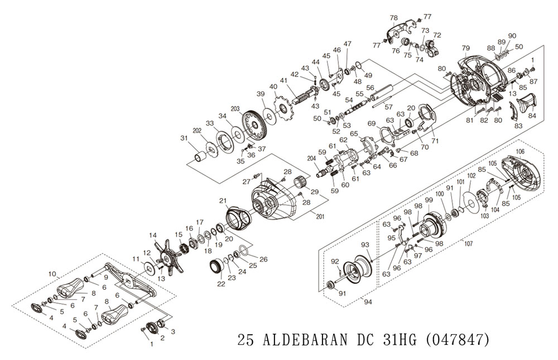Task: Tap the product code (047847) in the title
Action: [x=458, y=340]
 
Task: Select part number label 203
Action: [x=235, y=109]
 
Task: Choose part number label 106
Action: [x=520, y=152]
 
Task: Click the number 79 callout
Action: [x=466, y=48]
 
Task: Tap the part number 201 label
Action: [x=320, y=216]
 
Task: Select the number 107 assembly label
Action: [x=469, y=244]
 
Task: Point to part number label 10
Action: [x=52, y=274]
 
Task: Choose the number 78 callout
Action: [x=393, y=18]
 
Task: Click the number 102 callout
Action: [x=472, y=176]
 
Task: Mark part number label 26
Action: [x=263, y=260]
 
